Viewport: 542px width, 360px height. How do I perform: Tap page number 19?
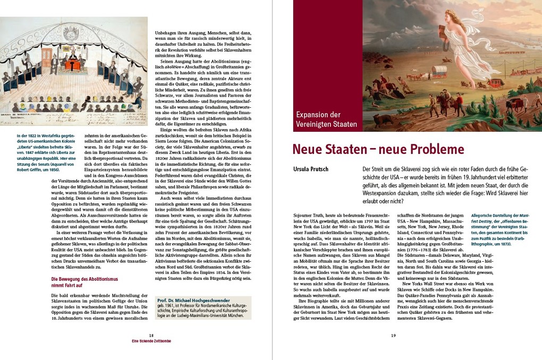tap(393, 335)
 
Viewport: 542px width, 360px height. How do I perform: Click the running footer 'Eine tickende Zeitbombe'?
tap(151, 341)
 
